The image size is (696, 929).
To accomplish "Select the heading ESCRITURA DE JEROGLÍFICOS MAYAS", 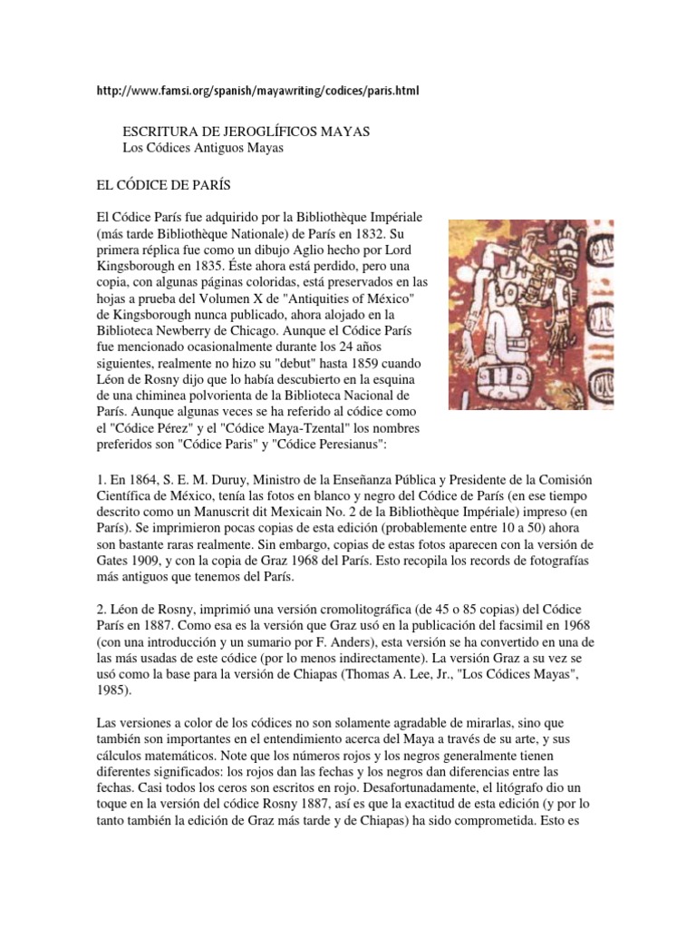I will [245, 131].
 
